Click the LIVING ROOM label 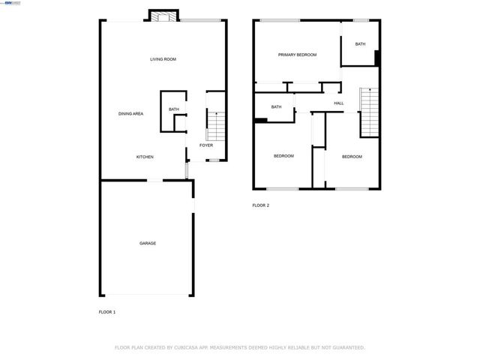[x=163, y=58]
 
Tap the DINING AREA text [x=130, y=113]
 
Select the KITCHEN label [x=145, y=157]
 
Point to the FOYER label [x=205, y=145]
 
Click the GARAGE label [x=147, y=243]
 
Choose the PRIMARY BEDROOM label [x=297, y=55]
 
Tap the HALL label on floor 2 [x=338, y=103]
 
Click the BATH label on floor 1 [x=173, y=110]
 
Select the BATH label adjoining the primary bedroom [x=360, y=44]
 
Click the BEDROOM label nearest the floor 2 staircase [x=352, y=157]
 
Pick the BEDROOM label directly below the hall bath [x=283, y=156]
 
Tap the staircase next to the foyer [x=214, y=124]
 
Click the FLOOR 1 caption [x=107, y=311]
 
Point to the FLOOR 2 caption [x=260, y=205]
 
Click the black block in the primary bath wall [x=377, y=58]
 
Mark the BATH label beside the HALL [x=276, y=106]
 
